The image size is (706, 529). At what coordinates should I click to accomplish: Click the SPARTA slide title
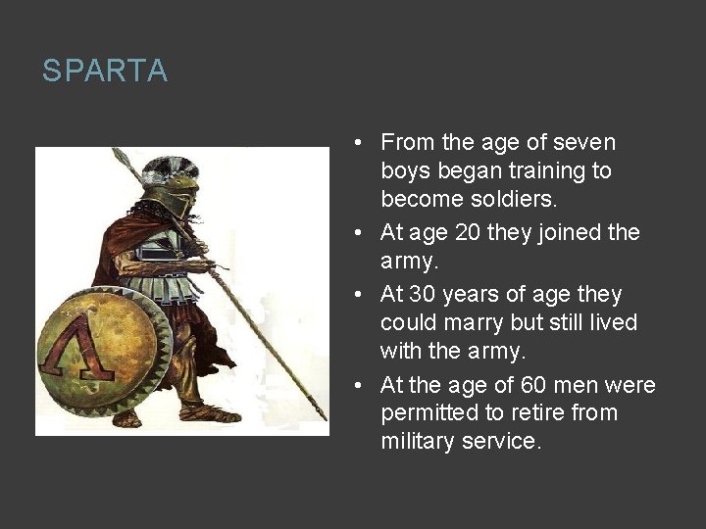(x=105, y=72)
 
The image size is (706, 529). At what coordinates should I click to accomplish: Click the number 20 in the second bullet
(x=456, y=232)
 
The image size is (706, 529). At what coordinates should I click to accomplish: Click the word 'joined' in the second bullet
(x=569, y=232)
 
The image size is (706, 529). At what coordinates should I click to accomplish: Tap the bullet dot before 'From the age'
(x=362, y=143)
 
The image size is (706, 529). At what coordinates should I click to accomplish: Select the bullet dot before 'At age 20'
(x=362, y=233)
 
